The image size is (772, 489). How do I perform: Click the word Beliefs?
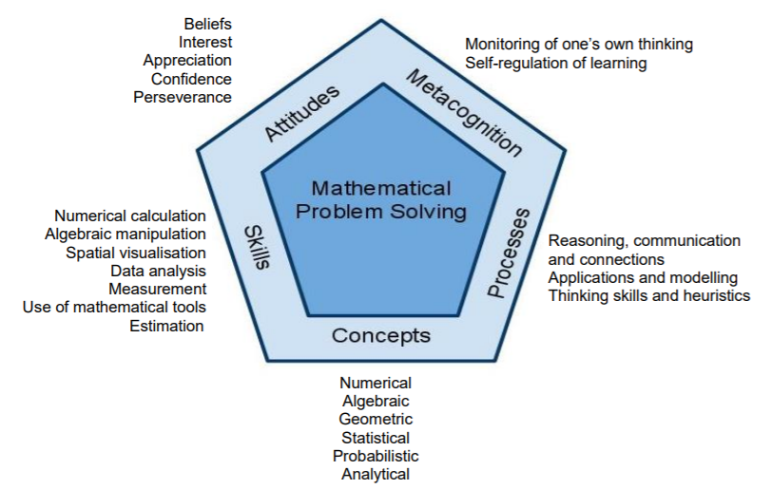click(x=208, y=24)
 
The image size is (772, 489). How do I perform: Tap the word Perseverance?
click(x=183, y=97)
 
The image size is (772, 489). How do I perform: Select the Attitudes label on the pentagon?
click(x=301, y=113)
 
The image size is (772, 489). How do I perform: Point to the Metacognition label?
click(x=463, y=113)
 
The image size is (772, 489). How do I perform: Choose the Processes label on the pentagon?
click(x=509, y=253)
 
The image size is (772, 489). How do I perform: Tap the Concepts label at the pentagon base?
click(x=381, y=335)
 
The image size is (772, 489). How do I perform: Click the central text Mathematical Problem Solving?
click(x=381, y=200)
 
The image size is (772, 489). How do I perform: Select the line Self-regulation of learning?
click(x=556, y=63)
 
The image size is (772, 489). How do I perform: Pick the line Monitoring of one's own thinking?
click(x=579, y=45)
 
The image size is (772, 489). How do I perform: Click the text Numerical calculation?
click(x=130, y=216)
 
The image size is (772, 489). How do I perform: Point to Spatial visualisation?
click(x=136, y=253)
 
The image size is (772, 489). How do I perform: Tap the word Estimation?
click(x=166, y=326)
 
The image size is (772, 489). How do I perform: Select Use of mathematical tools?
click(x=114, y=307)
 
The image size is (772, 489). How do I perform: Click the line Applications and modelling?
click(x=643, y=278)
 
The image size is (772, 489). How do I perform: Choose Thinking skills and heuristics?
click(x=649, y=295)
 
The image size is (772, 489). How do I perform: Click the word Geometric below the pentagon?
click(x=376, y=419)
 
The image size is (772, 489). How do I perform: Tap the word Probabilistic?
click(x=376, y=456)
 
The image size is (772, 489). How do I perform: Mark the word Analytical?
click(x=376, y=474)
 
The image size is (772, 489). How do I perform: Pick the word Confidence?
click(x=191, y=79)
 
